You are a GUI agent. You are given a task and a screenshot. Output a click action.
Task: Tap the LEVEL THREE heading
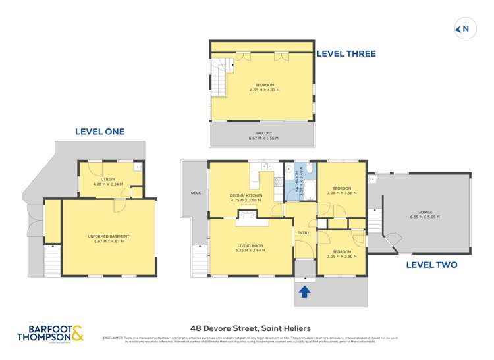pyautogui.click(x=346, y=53)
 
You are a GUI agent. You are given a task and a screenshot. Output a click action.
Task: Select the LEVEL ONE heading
pyautogui.click(x=99, y=132)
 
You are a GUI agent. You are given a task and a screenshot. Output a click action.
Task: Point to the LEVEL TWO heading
pyautogui.click(x=431, y=265)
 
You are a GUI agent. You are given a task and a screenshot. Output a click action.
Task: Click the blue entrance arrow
pyautogui.click(x=305, y=292)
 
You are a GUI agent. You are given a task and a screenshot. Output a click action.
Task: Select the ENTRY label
pyautogui.click(x=303, y=232)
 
